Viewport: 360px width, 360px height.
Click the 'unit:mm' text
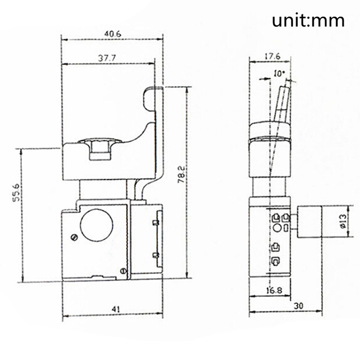click(x=308, y=21)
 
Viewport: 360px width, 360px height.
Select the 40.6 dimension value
click(x=112, y=34)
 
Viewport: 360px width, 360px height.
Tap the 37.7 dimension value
click(x=107, y=58)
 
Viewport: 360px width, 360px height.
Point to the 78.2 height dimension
click(x=181, y=175)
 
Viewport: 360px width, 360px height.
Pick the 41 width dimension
click(x=116, y=309)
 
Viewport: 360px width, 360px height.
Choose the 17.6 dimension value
click(x=273, y=57)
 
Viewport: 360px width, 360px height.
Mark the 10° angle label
click(x=279, y=74)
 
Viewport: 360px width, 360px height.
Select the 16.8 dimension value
click(x=274, y=291)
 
